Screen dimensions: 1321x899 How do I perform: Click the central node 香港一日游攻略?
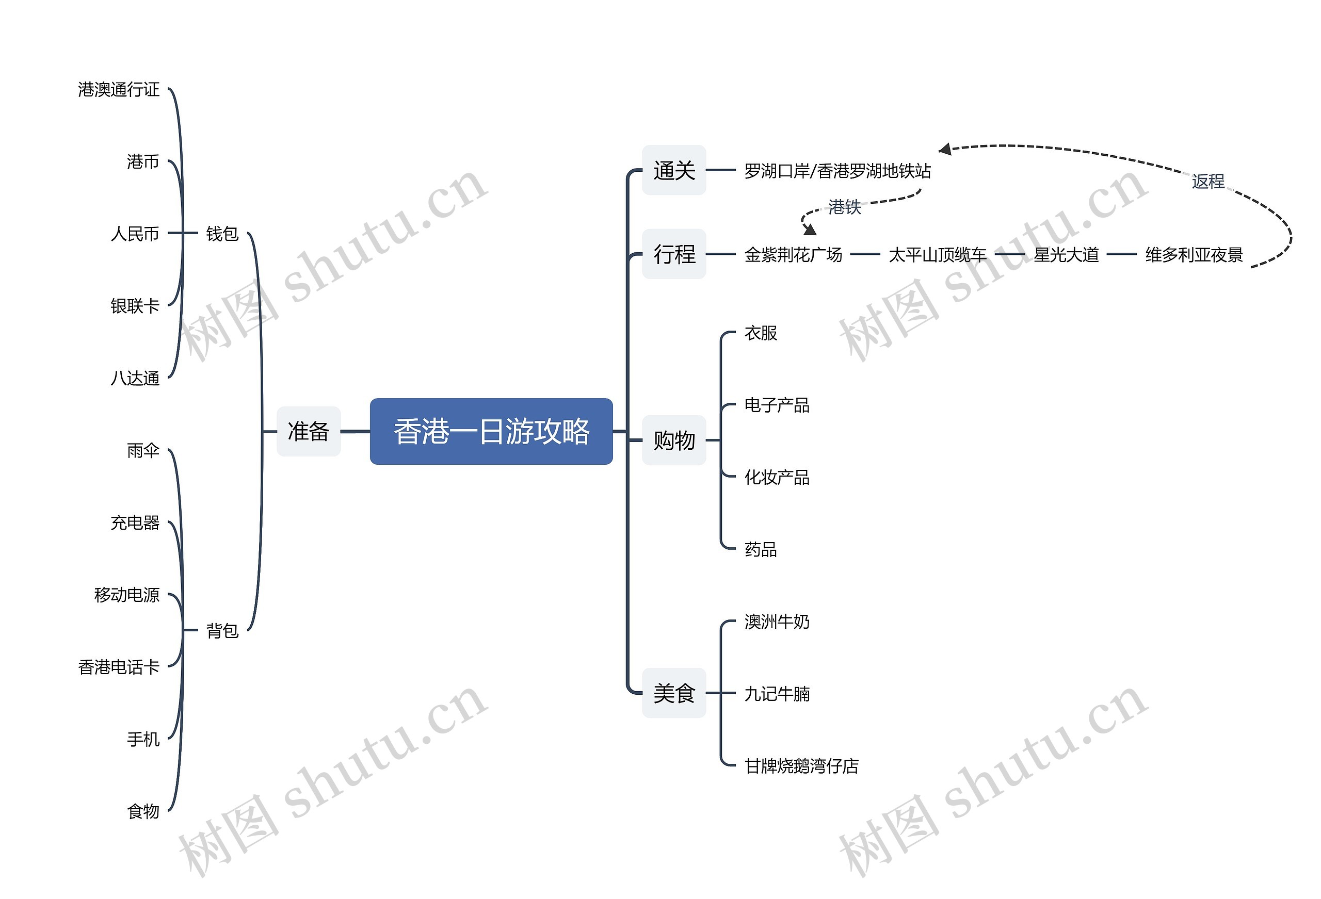tap(491, 431)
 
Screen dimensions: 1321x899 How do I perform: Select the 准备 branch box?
tap(309, 431)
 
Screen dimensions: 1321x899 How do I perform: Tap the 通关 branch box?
tap(673, 171)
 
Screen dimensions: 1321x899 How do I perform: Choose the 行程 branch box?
tap(673, 254)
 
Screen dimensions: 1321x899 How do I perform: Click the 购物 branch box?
tap(673, 440)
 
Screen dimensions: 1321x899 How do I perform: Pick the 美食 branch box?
tap(673, 693)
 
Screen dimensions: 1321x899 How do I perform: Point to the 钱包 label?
tap(222, 234)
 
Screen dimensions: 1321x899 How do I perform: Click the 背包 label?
tap(222, 630)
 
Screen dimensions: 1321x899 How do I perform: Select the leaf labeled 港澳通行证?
tap(119, 90)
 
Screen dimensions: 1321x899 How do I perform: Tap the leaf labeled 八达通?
tap(135, 379)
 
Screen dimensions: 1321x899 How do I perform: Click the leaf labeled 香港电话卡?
tap(119, 667)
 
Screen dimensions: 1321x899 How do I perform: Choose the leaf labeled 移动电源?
tap(127, 595)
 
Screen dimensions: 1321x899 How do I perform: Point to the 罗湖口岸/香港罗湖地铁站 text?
tap(837, 171)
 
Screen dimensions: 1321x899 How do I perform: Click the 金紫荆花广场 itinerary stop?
tap(793, 255)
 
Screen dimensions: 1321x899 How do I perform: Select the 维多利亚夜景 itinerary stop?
tap(1194, 255)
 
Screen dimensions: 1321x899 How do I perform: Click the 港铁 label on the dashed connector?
tap(844, 207)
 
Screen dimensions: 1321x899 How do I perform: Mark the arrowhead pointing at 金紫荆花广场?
tap(810, 230)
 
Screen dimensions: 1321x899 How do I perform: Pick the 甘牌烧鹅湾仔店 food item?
tap(801, 766)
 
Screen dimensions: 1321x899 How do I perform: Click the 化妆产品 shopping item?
tap(777, 477)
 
